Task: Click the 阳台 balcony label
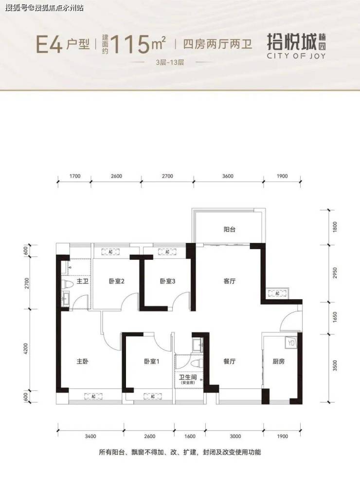230,230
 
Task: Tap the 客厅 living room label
230,281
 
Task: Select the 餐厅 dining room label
230,362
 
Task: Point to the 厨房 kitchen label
278,362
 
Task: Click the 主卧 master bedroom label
82,362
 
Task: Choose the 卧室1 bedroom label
152,362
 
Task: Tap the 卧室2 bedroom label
117,281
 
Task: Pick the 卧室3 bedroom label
167,281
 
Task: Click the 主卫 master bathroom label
82,281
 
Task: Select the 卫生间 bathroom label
187,377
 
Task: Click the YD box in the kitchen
291,343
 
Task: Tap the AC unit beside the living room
277,293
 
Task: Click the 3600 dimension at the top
228,176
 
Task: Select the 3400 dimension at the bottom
90,436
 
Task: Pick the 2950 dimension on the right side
335,273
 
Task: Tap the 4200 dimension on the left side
26,349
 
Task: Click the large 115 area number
130,44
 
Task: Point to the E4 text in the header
49,44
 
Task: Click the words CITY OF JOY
296,56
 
